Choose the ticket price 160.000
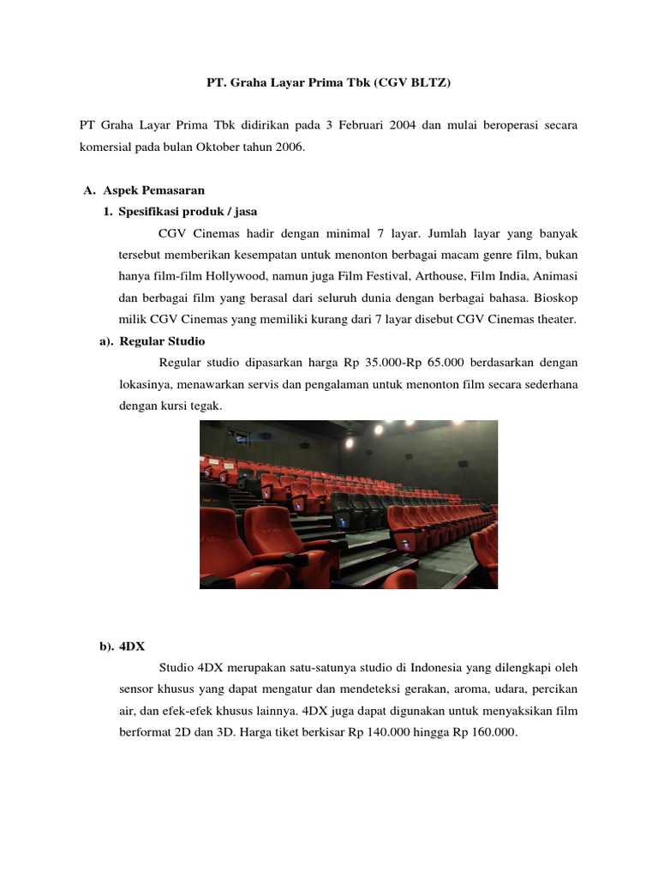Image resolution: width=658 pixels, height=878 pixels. point(493,733)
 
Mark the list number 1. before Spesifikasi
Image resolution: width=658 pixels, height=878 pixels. point(107,211)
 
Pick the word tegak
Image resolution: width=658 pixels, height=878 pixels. point(206,406)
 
